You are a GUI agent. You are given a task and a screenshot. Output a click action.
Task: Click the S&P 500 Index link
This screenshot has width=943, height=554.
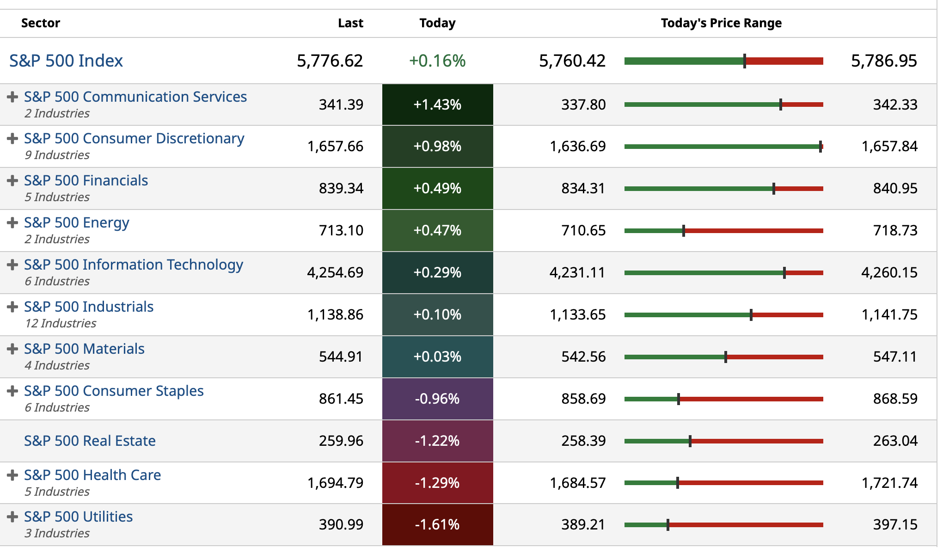(66, 61)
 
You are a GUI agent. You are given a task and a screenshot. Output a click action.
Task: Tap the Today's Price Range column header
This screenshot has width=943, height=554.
(721, 23)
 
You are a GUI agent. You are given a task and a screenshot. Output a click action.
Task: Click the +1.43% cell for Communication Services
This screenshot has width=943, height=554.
(437, 105)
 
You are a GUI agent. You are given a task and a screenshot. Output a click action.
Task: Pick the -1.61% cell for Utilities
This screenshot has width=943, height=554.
(437, 524)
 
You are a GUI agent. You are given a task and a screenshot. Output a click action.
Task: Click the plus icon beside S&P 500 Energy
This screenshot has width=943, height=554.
(12, 222)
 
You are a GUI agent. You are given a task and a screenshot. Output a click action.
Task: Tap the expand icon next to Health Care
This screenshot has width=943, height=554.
(12, 475)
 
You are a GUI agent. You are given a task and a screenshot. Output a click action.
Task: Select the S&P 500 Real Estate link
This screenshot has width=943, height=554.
(90, 441)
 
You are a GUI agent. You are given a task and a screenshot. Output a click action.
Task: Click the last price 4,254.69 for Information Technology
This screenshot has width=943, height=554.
(335, 272)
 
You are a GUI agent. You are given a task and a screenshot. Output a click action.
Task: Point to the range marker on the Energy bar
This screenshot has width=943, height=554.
(683, 231)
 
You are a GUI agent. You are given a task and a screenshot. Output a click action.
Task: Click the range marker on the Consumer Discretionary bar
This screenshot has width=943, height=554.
(820, 147)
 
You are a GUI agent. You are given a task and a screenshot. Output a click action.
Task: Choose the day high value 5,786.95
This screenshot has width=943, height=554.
(884, 61)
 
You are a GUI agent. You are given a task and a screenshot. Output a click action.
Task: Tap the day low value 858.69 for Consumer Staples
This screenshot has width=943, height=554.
(583, 399)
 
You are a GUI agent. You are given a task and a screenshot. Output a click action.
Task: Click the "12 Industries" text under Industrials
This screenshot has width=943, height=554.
(61, 323)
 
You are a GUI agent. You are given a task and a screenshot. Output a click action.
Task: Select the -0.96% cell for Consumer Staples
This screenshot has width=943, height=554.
(437, 399)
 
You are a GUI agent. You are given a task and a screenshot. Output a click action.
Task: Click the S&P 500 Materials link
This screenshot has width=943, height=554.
(84, 349)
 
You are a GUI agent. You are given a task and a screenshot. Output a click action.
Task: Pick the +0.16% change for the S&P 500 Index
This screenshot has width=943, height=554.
(437, 61)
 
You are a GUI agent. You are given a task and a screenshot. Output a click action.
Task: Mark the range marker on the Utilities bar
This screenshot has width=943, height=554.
(667, 525)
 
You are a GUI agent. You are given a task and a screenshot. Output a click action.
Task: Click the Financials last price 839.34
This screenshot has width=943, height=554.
(341, 188)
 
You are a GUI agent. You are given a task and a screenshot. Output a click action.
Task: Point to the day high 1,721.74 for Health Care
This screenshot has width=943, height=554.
(889, 483)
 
